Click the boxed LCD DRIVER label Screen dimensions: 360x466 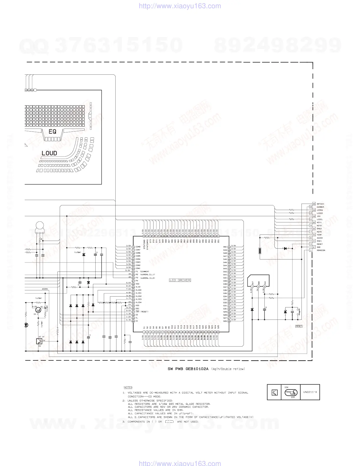[x=180, y=280]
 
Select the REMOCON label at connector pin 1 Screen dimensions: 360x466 [x=321, y=250]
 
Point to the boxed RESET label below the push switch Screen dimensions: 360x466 [x=299, y=326]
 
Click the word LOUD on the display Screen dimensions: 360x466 [x=49, y=153]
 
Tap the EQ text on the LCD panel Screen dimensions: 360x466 [x=52, y=132]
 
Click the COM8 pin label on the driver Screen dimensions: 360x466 [x=138, y=247]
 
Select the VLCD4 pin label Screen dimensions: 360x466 [x=139, y=302]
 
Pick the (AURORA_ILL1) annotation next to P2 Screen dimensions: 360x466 [x=147, y=274]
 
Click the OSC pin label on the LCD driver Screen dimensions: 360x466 [x=137, y=309]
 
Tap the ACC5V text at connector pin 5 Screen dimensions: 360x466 [x=320, y=238]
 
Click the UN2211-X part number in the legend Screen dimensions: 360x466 [x=310, y=392]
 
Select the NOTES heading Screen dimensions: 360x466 [x=128, y=387]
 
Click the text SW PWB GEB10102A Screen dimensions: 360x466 [x=188, y=369]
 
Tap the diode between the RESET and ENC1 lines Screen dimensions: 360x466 [x=285, y=248]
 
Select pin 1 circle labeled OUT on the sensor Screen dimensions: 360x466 [x=252, y=286]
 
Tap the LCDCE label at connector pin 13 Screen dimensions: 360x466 [x=320, y=213]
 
